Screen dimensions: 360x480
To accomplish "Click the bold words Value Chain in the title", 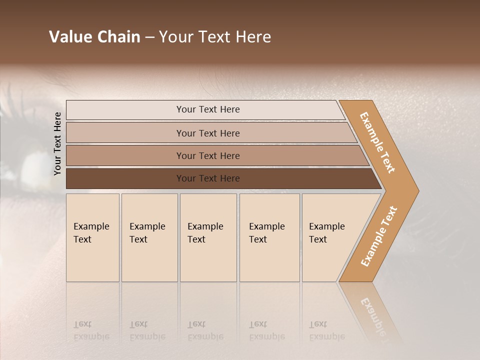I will (94, 37).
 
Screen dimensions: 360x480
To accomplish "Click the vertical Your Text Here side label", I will (57, 143).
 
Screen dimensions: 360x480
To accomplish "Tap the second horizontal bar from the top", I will (208, 133).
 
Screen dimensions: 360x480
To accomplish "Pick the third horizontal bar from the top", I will (208, 155).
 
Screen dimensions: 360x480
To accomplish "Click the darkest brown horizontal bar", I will (208, 178).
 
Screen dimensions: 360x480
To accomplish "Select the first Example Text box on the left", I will (92, 237).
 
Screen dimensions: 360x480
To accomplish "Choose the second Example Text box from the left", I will (149, 237).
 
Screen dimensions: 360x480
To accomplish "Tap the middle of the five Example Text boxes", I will (208, 237).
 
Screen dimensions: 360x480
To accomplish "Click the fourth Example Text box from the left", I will (269, 237).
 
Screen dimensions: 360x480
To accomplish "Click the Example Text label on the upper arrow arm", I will (377, 142).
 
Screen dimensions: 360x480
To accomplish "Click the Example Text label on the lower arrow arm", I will (378, 236).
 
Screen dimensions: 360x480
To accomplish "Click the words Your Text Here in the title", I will (215, 37).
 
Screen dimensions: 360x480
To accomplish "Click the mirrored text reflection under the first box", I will (91, 330).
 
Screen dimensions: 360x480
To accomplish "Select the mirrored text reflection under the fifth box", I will (326, 330).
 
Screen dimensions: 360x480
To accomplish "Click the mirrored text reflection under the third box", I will (205, 330).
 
